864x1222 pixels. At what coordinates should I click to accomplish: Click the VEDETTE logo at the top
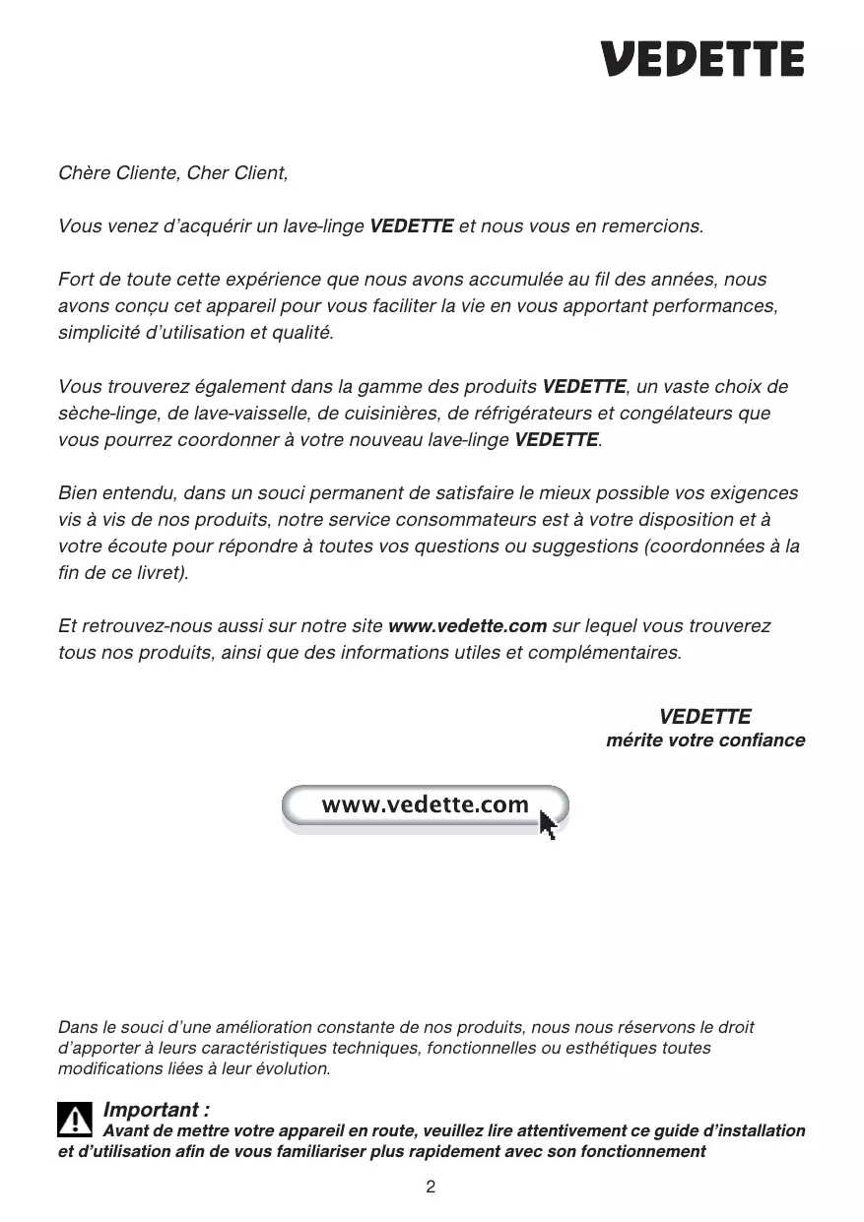[703, 59]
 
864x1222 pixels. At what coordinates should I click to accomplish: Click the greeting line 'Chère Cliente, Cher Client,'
[173, 174]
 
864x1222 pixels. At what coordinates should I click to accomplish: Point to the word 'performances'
[720, 306]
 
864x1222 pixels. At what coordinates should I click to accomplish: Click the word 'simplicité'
[100, 333]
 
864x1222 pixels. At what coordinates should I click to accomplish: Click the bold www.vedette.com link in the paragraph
[468, 626]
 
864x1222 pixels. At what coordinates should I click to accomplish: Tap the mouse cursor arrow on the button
[548, 823]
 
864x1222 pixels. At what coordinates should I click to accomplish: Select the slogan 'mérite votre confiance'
[705, 740]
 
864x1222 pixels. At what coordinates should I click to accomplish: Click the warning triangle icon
[75, 1120]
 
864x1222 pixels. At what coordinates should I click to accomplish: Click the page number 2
[431, 1187]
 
